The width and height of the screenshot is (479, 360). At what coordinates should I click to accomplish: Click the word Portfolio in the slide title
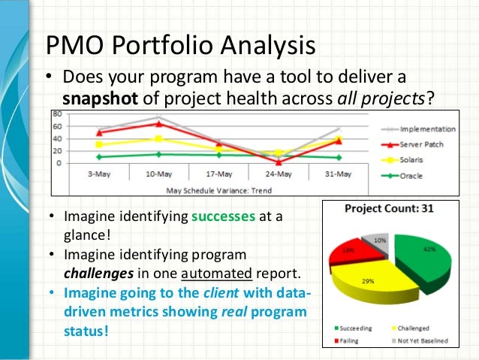[x=166, y=46]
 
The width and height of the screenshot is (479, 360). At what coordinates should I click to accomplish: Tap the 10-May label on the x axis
[x=157, y=174]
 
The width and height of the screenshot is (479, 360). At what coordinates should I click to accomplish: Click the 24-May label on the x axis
[x=279, y=174]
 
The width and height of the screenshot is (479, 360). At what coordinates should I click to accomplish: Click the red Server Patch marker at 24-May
[x=279, y=162]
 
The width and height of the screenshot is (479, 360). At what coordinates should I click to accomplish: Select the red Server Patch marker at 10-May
[x=157, y=124]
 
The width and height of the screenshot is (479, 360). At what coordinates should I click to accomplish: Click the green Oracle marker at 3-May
[x=98, y=157]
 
